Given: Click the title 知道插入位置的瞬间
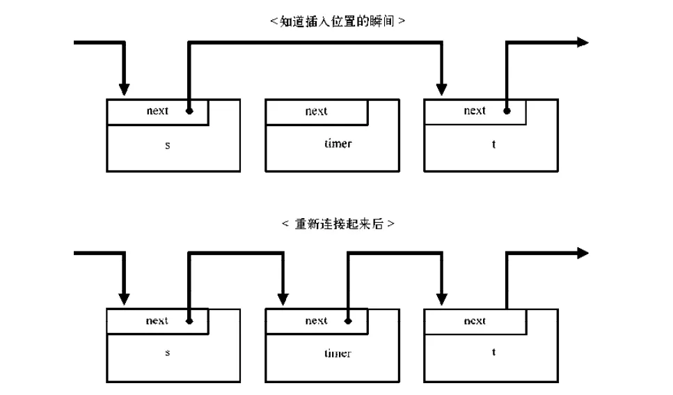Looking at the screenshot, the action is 338,21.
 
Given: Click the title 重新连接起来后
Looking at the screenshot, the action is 339,224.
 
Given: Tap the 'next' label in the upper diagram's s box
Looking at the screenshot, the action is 157,111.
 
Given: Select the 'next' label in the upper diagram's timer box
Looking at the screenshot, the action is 317,111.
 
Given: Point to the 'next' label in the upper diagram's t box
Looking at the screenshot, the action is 475,111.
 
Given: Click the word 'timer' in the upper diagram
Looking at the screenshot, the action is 338,144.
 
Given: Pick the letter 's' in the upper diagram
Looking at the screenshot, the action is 168,146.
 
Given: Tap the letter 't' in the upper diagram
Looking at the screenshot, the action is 493,144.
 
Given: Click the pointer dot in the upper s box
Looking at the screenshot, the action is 189,111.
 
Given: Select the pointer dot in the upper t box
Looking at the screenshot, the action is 507,111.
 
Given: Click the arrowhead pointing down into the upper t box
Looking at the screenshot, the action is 442,89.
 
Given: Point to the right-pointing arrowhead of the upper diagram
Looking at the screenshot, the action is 583,42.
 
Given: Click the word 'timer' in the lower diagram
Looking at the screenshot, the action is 338,353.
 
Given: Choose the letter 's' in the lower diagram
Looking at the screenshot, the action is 168,353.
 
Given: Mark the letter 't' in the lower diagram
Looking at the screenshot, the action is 493,352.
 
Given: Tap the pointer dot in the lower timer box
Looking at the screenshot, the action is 348,320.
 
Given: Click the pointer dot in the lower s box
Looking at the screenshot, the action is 189,320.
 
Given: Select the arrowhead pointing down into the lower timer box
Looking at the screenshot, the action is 283,300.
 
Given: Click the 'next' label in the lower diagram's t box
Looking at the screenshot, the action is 475,321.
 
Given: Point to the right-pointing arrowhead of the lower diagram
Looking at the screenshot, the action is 583,253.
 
